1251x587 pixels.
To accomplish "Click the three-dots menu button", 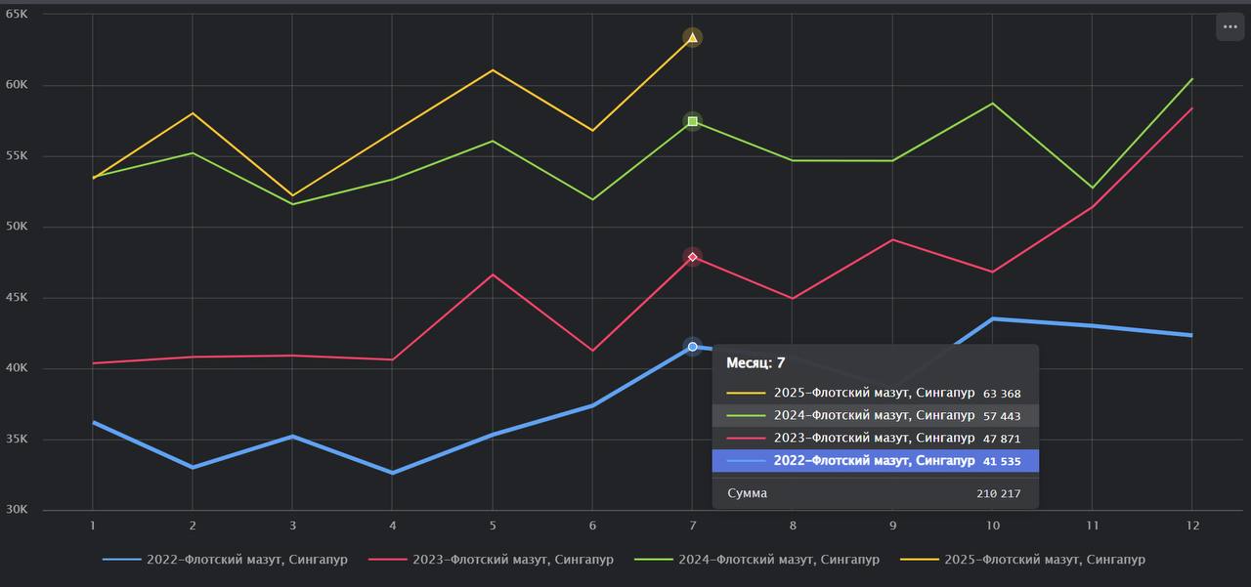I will (x=1229, y=27).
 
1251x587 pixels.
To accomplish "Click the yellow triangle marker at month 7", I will (x=692, y=38).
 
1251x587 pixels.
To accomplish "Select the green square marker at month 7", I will (x=692, y=121).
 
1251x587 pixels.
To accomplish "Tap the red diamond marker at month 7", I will (x=692, y=257).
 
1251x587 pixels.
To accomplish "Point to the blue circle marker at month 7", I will (x=692, y=347).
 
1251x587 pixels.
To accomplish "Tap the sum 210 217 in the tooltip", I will (x=998, y=494).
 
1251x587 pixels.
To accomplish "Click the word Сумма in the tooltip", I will (x=748, y=494).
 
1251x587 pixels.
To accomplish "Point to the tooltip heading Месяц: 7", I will (x=755, y=363).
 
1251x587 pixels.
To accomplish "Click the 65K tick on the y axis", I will (x=17, y=15).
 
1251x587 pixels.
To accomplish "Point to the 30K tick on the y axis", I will (x=17, y=510).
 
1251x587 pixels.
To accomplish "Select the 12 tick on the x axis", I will (x=1191, y=525).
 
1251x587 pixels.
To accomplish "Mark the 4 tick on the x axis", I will (x=392, y=525).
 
